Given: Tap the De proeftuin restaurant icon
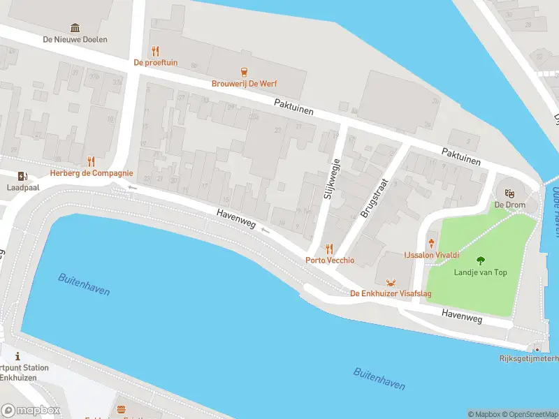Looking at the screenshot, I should [156, 50].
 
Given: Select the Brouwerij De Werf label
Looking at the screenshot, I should [244, 83].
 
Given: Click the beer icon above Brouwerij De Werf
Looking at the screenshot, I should [244, 71].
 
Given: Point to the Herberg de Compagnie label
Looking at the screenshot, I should [91, 173].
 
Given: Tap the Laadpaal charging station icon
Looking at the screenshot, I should [23, 175].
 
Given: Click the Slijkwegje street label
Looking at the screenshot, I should [332, 179].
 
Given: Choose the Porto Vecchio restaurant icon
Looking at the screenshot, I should [329, 249].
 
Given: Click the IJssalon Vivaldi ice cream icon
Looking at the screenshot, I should [430, 243].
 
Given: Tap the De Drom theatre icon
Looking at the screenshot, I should [509, 192].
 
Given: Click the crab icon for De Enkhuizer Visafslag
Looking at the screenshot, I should [391, 282].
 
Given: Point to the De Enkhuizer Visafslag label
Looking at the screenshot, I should [391, 294].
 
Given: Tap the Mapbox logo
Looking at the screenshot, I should [31, 411].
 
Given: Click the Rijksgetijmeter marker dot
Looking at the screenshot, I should [537, 348].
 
